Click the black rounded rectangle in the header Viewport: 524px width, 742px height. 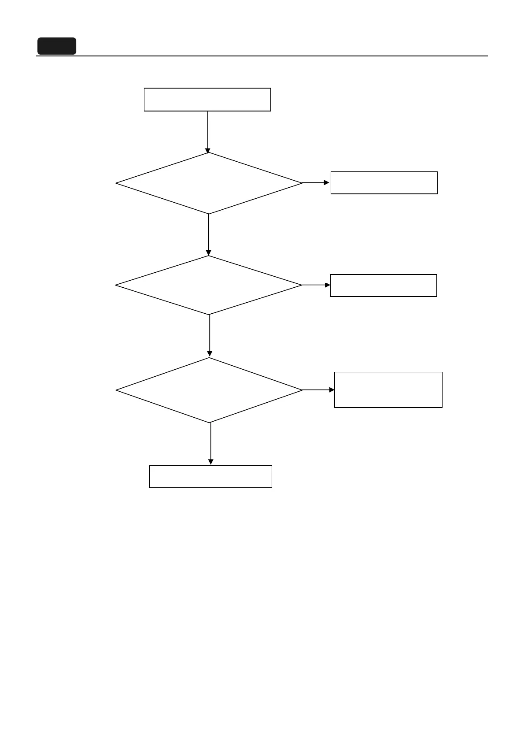56,46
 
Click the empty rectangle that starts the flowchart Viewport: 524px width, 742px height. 207,99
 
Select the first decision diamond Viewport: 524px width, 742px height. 209,183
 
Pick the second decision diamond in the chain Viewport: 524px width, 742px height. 209,285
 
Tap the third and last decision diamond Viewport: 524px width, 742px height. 209,390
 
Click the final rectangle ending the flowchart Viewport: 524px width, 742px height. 210,476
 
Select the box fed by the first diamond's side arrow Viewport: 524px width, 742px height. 384,183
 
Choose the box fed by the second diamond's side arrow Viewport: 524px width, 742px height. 383,286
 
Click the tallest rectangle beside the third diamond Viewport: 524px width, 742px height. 388,390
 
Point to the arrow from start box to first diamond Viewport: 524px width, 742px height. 207,130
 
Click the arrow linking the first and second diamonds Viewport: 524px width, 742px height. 208,234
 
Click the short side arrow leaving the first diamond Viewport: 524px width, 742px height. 314,182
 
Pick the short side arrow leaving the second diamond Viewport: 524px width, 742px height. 315,285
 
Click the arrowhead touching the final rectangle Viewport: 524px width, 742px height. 210,462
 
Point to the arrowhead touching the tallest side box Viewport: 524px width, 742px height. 332,390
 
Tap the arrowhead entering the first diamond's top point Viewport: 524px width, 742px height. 207,151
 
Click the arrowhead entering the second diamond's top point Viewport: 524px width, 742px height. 208,253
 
